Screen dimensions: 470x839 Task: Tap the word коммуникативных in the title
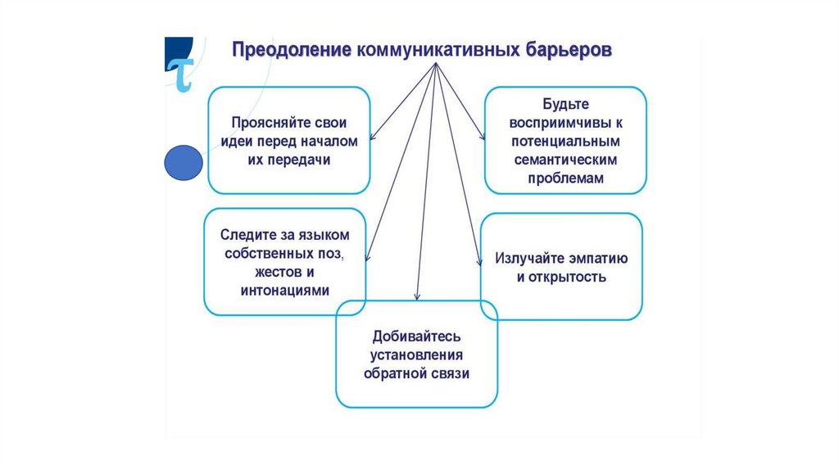(436, 50)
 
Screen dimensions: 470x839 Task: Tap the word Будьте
(565, 106)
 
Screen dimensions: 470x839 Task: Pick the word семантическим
(565, 160)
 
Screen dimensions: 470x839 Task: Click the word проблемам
(565, 178)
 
